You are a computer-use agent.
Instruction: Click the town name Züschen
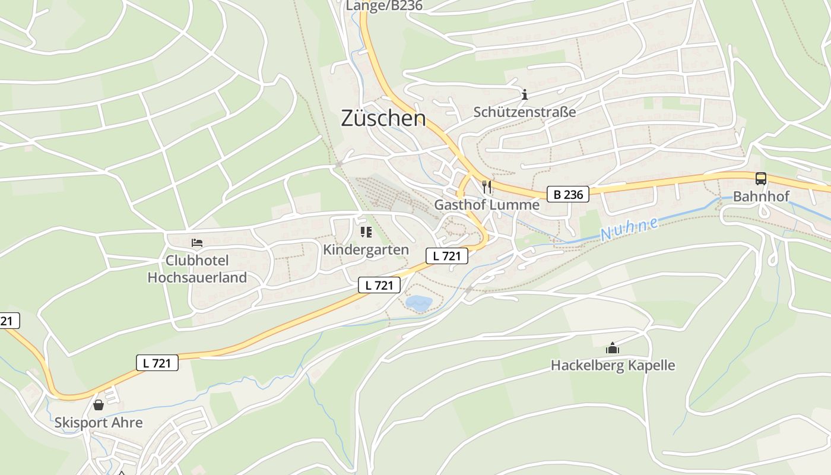(383, 118)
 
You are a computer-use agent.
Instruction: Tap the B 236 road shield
(568, 194)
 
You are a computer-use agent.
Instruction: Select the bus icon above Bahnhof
(760, 179)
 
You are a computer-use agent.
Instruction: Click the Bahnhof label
(762, 197)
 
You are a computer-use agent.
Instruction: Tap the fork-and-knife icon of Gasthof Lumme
(487, 187)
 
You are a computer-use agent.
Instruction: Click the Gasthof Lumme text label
(487, 205)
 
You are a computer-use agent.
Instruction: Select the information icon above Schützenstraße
(524, 94)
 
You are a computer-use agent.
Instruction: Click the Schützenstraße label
(525, 112)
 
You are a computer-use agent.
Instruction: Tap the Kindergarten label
(366, 250)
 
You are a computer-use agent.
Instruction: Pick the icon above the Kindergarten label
(366, 232)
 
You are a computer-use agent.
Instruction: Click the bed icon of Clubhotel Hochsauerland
(197, 243)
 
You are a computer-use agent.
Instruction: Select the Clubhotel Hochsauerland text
(197, 269)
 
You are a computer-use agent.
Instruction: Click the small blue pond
(418, 303)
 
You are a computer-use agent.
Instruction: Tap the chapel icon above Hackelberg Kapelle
(613, 348)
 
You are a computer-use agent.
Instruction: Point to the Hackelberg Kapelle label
(613, 365)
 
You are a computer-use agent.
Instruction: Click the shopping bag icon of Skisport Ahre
(99, 405)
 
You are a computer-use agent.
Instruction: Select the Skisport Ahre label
(99, 423)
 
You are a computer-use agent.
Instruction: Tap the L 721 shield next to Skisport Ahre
(157, 363)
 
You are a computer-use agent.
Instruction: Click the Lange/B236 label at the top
(384, 6)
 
